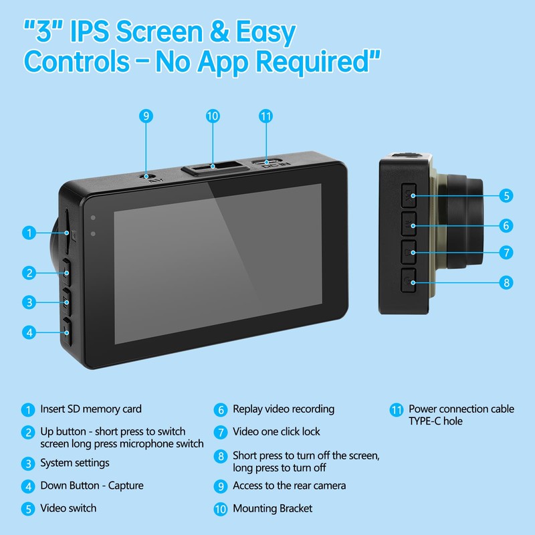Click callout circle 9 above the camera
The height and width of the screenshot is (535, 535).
(x=146, y=116)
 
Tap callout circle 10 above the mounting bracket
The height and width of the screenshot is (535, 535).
(x=213, y=116)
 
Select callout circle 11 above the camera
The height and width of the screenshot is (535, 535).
(x=266, y=116)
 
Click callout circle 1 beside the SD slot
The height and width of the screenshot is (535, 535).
(x=28, y=233)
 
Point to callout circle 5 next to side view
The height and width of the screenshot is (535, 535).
(x=507, y=195)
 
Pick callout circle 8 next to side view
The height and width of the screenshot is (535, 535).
(x=507, y=282)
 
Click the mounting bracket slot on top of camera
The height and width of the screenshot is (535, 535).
(x=213, y=166)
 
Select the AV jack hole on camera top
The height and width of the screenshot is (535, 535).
(x=146, y=176)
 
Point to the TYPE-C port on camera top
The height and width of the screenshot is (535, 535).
(x=267, y=161)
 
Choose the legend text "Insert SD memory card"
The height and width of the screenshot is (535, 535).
(x=91, y=409)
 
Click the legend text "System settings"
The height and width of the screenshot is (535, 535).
(x=75, y=463)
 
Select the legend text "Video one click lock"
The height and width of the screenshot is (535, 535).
(x=276, y=432)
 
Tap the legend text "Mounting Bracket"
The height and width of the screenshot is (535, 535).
(x=272, y=509)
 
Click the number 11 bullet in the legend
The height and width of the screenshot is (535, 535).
(x=397, y=409)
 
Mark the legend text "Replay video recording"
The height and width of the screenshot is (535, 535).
(x=284, y=409)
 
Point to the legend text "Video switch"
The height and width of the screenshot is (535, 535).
(x=68, y=508)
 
